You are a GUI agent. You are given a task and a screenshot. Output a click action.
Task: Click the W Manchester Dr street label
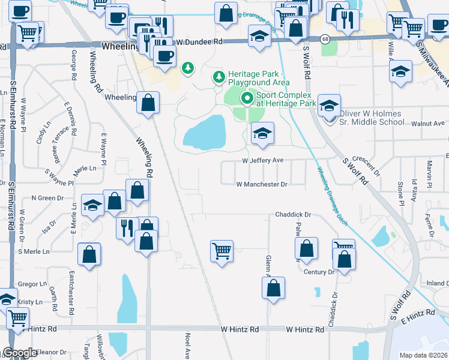[x=262, y=184]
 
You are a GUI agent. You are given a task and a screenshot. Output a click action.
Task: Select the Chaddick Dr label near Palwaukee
[x=293, y=214]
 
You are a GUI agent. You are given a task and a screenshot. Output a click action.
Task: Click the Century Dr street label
[x=319, y=272]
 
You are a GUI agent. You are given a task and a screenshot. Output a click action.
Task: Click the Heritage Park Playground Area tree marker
[x=218, y=77]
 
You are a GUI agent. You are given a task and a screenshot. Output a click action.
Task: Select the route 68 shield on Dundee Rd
[x=324, y=38]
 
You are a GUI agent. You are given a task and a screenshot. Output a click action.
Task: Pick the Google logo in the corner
[x=19, y=353]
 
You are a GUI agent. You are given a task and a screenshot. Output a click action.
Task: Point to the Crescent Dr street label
[x=366, y=163]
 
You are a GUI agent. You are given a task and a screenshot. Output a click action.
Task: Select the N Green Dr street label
[x=47, y=197]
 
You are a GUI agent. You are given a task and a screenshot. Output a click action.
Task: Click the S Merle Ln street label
[x=34, y=251]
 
